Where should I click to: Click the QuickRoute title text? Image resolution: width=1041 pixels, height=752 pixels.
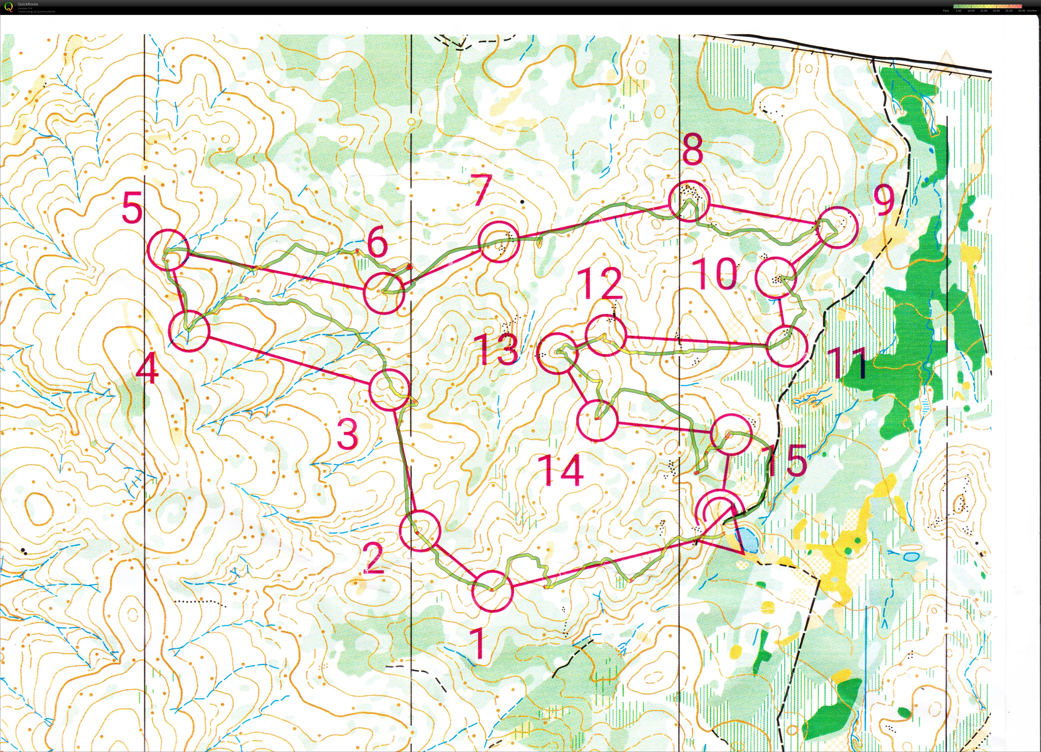tap(27, 4)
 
